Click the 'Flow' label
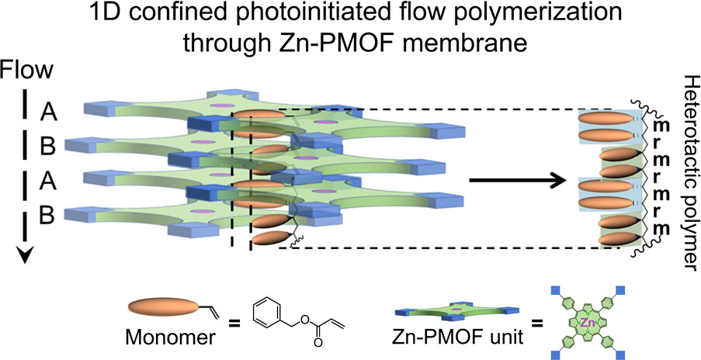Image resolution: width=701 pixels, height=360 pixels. pyautogui.click(x=26, y=71)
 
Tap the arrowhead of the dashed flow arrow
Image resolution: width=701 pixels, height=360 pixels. pyautogui.click(x=26, y=255)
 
